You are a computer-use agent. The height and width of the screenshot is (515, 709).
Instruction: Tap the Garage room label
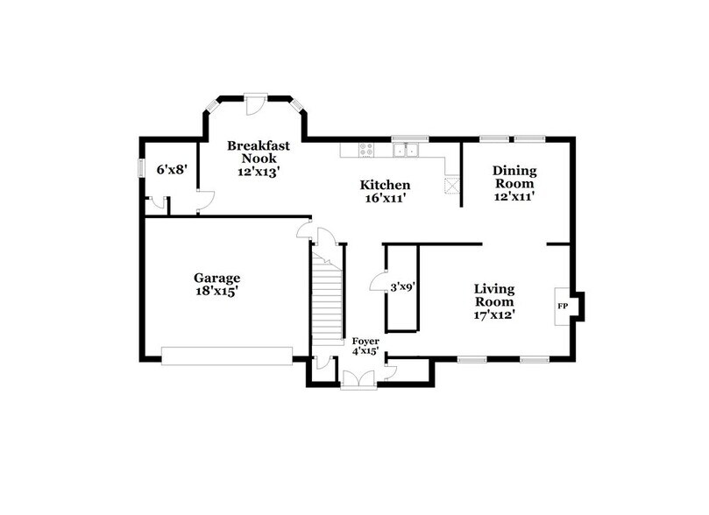click(216, 278)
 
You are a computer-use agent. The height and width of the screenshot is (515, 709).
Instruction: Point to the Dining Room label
click(514, 177)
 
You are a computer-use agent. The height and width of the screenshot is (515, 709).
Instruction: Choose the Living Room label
click(494, 295)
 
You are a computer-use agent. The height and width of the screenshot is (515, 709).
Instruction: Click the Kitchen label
click(385, 185)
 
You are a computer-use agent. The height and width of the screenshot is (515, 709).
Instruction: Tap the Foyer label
click(365, 340)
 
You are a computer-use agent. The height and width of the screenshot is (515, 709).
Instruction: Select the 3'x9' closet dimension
click(403, 286)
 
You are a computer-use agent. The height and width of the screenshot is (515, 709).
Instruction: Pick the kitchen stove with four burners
click(365, 151)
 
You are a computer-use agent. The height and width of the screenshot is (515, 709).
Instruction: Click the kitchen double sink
click(405, 151)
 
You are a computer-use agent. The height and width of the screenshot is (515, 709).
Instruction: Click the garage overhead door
click(226, 355)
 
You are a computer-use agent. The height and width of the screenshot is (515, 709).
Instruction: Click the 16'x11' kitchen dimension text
click(385, 199)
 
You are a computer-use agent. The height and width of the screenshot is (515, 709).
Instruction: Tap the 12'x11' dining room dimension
click(514, 197)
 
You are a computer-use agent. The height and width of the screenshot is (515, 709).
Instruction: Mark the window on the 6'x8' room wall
click(142, 167)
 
